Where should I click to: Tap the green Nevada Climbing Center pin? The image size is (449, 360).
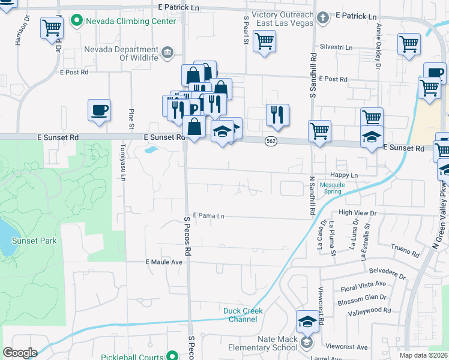(76, 22)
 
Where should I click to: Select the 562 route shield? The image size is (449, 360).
(270, 140)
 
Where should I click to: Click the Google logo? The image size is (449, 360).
(20, 353)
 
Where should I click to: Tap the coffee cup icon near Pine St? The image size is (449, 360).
(99, 110)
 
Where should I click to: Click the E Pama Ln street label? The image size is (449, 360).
(208, 215)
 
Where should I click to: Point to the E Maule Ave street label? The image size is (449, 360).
(164, 262)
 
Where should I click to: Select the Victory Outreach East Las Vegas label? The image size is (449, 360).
(283, 19)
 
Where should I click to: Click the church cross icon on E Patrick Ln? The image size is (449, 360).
(323, 17)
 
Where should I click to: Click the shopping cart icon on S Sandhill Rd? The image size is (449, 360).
(319, 130)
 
